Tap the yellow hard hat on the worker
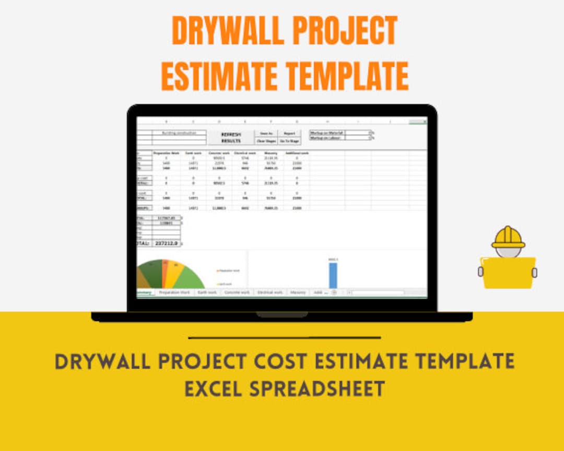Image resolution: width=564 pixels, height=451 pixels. [x=508, y=238]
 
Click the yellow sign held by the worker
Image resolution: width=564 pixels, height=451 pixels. [x=508, y=272]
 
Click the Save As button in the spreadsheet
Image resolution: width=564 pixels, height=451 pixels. [x=266, y=134]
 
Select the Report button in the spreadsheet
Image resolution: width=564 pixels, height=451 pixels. [x=289, y=134]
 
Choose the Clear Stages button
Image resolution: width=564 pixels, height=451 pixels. [x=266, y=141]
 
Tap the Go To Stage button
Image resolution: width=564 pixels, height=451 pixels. [x=289, y=141]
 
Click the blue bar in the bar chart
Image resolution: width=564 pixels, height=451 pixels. [x=333, y=275]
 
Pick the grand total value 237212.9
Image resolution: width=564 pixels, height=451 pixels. [x=166, y=243]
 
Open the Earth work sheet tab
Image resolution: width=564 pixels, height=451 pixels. [x=207, y=292]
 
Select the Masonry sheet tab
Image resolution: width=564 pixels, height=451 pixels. [x=298, y=292]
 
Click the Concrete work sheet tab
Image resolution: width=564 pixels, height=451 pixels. [x=237, y=292]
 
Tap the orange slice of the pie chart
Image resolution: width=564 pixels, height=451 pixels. [x=166, y=273]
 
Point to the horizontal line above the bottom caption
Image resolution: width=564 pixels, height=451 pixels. [x=284, y=338]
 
